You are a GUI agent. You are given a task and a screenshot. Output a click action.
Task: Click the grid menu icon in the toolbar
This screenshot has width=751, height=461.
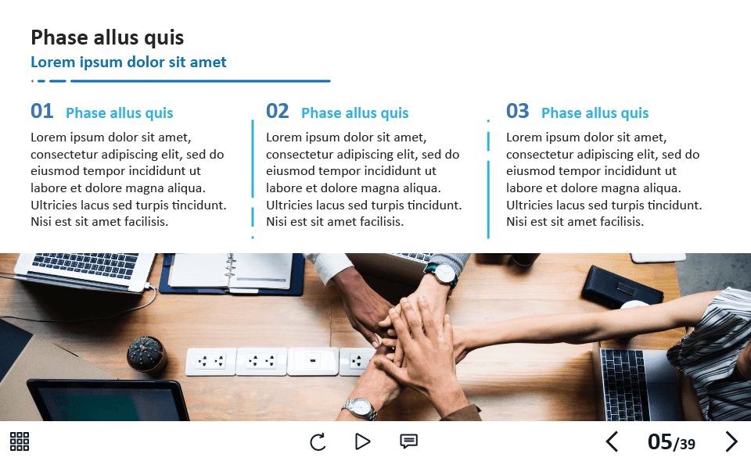(x=20, y=441)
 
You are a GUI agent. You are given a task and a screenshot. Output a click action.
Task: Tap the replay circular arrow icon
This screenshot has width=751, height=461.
(x=318, y=442)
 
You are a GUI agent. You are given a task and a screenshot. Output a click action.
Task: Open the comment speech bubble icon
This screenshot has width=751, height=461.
(x=408, y=441)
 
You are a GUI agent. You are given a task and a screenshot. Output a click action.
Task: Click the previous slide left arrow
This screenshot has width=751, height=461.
(x=612, y=441)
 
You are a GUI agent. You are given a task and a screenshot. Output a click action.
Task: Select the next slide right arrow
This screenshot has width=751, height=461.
(x=731, y=441)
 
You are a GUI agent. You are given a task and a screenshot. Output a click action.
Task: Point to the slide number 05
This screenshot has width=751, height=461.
(x=659, y=442)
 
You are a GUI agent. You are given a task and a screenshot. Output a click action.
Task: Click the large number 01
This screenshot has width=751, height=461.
(x=41, y=111)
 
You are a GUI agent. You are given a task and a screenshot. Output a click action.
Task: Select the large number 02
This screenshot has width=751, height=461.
(x=277, y=111)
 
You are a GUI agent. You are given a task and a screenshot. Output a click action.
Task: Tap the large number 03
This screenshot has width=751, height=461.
(x=517, y=111)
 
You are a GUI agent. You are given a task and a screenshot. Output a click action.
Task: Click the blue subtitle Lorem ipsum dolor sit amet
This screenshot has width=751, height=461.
(x=128, y=63)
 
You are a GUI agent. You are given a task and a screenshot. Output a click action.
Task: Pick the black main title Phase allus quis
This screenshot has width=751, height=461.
(x=107, y=38)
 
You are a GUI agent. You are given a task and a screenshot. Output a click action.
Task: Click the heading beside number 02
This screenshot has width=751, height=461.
(x=355, y=113)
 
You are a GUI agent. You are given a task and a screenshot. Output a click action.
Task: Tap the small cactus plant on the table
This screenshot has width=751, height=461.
(x=146, y=354)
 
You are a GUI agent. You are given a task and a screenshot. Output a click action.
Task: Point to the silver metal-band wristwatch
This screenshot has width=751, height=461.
(x=360, y=409)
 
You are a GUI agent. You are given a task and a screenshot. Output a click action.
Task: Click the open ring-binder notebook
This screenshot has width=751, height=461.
(x=232, y=273)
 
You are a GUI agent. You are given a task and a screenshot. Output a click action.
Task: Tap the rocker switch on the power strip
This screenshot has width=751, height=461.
(x=313, y=360)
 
